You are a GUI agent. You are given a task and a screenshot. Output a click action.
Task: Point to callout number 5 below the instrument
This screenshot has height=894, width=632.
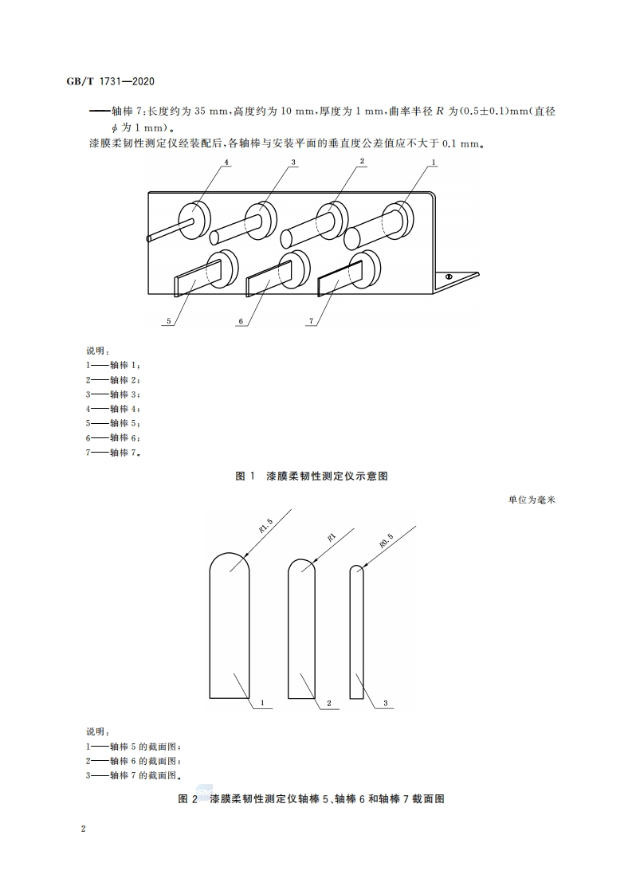click(x=169, y=322)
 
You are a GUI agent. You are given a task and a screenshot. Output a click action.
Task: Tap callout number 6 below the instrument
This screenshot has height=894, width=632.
click(x=239, y=322)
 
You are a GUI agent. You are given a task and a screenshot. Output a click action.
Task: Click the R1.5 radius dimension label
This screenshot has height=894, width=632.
click(x=265, y=526)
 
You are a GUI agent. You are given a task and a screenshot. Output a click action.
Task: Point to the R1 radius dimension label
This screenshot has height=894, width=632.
click(x=331, y=536)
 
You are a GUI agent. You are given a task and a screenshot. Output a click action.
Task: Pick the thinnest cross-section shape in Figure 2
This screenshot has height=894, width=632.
click(x=357, y=629)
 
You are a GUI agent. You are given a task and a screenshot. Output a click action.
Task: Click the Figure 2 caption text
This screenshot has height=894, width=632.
click(x=312, y=798)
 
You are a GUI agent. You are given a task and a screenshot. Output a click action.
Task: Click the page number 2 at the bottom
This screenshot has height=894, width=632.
click(x=83, y=829)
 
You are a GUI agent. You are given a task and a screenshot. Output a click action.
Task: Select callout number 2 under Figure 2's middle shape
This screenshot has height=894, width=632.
click(x=328, y=704)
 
